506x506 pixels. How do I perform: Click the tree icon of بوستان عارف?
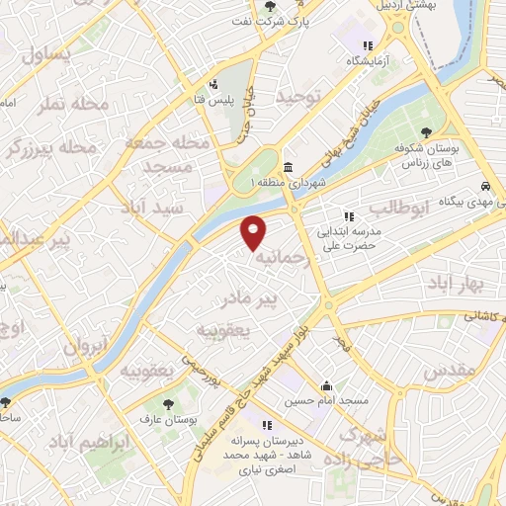(x=167, y=403)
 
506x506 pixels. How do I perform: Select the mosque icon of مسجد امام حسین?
(x=326, y=385)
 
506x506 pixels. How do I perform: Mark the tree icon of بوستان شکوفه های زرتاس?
(x=426, y=133)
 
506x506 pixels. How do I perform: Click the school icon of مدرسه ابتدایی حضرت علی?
(x=348, y=216)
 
